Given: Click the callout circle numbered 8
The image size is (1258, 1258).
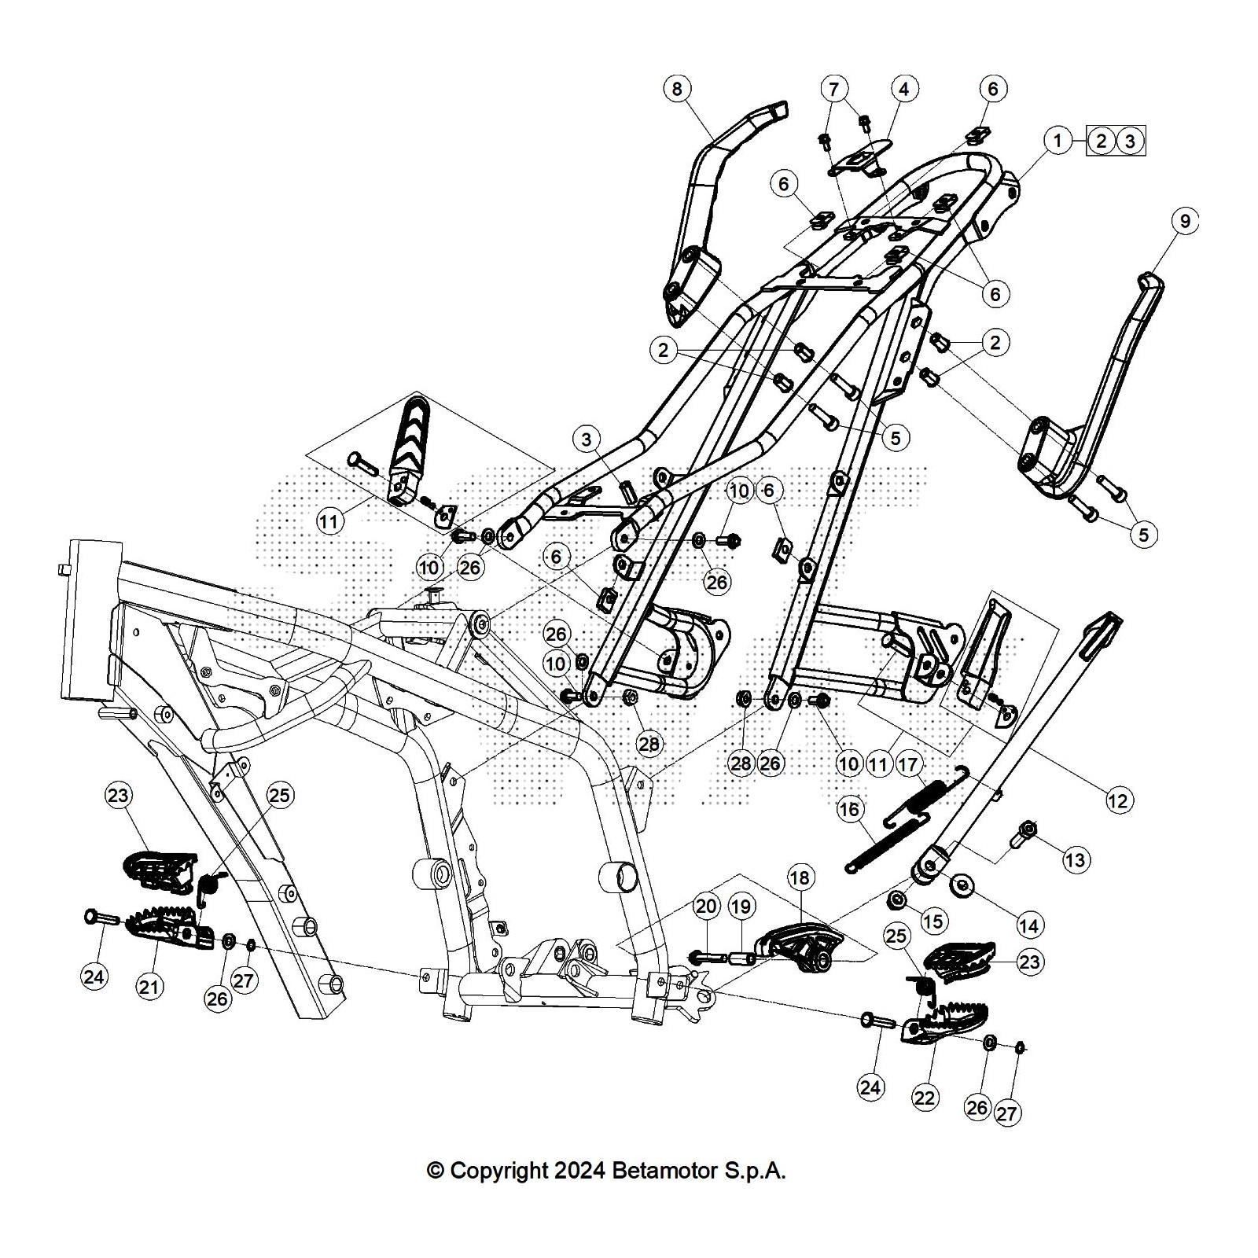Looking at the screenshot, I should (678, 88).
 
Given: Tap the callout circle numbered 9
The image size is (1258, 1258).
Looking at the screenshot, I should (1185, 221).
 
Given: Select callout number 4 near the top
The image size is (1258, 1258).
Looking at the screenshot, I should (904, 88).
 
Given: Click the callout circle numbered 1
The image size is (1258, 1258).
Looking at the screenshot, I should (1058, 142).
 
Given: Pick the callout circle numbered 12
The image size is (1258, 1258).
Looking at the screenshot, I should (1117, 800).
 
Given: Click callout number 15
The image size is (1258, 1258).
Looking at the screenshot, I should (935, 921).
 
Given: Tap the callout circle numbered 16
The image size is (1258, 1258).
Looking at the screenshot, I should (850, 809).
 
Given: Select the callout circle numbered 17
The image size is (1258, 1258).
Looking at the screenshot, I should (907, 763).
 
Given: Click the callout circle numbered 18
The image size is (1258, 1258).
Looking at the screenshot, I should (800, 877).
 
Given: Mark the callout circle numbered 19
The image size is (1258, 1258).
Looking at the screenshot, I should (741, 907).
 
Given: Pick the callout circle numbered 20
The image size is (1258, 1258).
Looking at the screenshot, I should (706, 907).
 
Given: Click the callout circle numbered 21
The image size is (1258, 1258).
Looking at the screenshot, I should (149, 986).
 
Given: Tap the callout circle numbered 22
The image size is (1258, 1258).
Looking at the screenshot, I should (925, 1097).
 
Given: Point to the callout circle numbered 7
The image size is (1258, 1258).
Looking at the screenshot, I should (834, 88).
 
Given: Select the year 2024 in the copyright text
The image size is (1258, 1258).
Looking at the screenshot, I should (579, 1171).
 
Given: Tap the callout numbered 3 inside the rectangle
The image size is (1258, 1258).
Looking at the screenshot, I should (1131, 142).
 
